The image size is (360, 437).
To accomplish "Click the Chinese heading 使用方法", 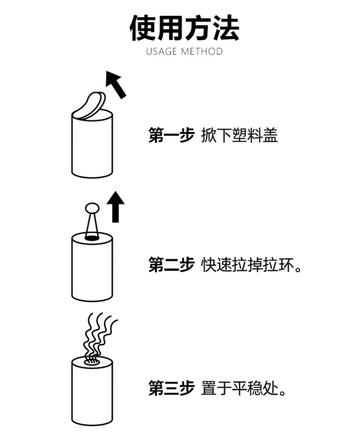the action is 184,28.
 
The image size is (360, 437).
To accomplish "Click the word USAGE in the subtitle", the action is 162,51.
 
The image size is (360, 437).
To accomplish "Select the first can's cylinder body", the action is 92,149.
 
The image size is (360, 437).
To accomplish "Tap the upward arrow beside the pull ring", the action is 115,206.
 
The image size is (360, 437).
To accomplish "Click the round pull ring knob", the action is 92,208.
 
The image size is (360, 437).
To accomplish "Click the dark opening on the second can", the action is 92,237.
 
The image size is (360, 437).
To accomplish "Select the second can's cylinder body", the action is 92,271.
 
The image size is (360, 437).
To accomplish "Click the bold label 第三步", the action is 171,388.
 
